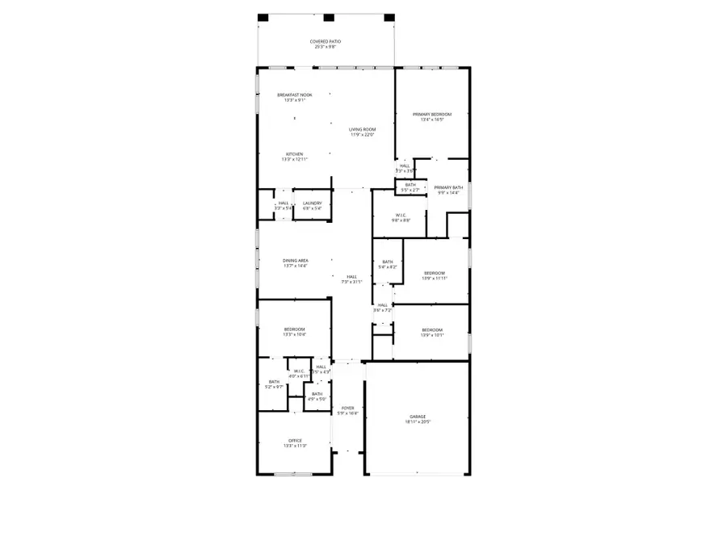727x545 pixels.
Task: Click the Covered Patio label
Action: coord(324,42)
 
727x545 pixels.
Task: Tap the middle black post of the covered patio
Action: coord(328,18)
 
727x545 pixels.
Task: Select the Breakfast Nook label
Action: coord(294,95)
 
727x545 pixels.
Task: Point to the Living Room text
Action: coord(363,130)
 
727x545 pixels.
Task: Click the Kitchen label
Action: coord(294,154)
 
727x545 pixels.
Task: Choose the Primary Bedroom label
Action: coord(432,115)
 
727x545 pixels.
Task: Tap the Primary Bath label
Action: coord(448,187)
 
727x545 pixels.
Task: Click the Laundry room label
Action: coord(312,203)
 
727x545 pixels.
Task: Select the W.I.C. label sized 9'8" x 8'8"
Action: coord(401,215)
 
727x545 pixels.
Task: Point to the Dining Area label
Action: coord(295,260)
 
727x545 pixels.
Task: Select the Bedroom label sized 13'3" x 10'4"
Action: coord(294,329)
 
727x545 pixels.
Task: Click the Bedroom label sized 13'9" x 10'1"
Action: coord(431,329)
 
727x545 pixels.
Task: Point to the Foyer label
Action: coord(347,409)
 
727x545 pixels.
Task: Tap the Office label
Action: coord(294,441)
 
